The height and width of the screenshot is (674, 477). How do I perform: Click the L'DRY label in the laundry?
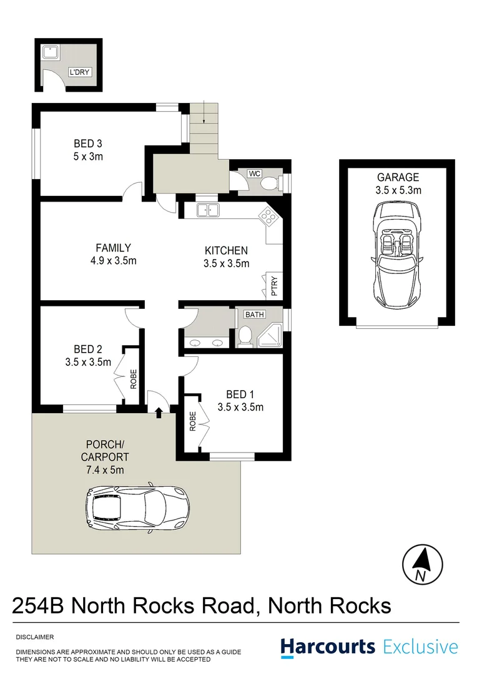[x=80, y=72]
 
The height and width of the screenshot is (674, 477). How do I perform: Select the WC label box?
[x=254, y=173]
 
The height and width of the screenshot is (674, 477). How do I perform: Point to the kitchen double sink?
[x=207, y=210]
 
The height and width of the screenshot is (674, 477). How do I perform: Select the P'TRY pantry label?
[x=273, y=286]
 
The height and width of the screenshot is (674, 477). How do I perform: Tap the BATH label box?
[x=254, y=315]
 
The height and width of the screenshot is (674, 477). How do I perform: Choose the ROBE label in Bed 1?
[x=192, y=422]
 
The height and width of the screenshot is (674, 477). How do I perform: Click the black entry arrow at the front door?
[x=159, y=411]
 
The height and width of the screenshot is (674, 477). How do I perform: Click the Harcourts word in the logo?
[x=328, y=646]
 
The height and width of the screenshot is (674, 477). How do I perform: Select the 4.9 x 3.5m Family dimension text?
[x=113, y=261]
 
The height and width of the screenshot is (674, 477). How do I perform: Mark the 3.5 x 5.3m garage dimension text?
[x=398, y=190]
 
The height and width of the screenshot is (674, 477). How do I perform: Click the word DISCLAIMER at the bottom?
[x=34, y=637]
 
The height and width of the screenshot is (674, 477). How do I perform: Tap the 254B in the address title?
[x=39, y=605]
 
